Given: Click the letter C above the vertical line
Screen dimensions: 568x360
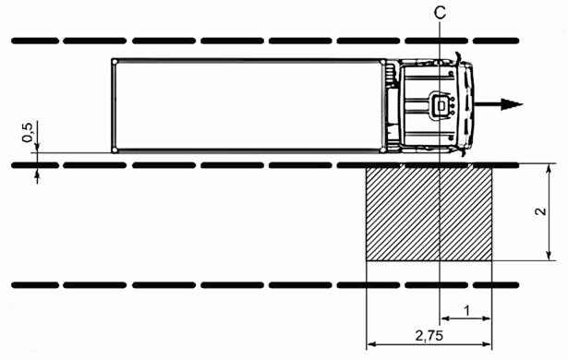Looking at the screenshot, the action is tap(440, 13).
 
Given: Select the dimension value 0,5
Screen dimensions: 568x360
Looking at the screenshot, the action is tap(27, 133).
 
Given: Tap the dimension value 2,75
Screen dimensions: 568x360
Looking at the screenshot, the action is tap(429, 336).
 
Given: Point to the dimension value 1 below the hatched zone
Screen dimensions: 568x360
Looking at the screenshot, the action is tap(466, 310).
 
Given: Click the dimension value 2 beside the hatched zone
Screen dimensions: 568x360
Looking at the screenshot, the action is tap(540, 211).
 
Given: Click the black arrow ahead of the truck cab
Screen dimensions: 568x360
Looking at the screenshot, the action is tap(499, 104).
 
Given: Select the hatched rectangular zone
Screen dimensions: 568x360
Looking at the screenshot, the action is tap(429, 213).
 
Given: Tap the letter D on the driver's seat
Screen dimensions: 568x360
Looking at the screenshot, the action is tap(441, 105).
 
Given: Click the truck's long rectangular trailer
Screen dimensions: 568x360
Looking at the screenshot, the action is tap(248, 105).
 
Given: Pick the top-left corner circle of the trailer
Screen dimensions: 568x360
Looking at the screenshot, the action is tap(115, 62).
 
